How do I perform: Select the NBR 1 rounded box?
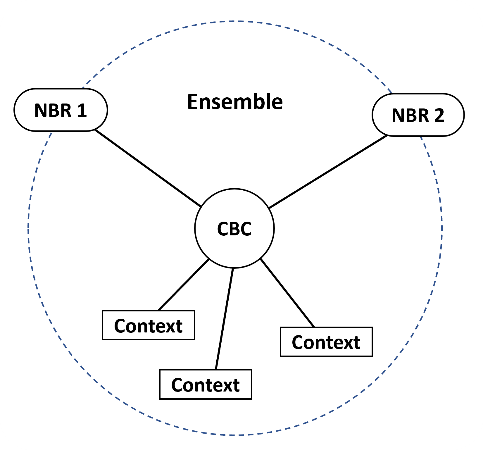pos(61,110)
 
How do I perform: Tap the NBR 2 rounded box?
pos(418,115)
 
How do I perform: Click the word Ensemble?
pos(235,102)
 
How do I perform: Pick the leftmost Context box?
pos(148,325)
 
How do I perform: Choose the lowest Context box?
pos(206,384)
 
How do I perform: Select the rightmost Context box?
pos(326,342)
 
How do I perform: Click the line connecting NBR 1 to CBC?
pos(148,168)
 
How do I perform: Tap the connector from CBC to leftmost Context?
pos(184,285)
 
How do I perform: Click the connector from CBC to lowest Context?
pos(225,319)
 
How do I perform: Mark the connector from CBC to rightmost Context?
pos(287,293)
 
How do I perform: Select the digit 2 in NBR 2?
pos(439,115)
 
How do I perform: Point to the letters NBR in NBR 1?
pos(53,111)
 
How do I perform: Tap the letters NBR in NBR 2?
pos(410,115)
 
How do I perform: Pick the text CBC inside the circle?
pos(234,229)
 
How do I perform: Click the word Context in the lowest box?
pos(206,385)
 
